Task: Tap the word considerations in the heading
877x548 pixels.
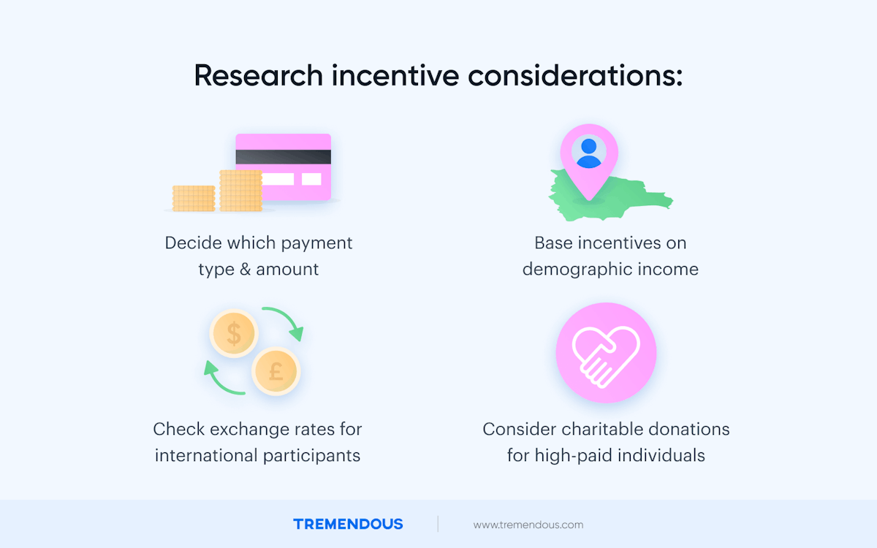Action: coord(577,76)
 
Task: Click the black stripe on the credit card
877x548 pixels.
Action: coord(284,156)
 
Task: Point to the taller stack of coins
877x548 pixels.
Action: coord(240,191)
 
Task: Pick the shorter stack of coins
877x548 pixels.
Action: coord(194,198)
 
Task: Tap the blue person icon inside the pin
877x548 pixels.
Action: coord(588,152)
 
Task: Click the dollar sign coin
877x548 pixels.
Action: coord(234,334)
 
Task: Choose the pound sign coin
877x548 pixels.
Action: coord(276,372)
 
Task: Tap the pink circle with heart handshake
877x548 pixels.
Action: coord(606,353)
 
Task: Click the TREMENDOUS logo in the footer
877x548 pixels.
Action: coord(348,524)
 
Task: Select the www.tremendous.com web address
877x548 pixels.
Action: coord(528,525)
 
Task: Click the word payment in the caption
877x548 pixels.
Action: coord(321,243)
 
